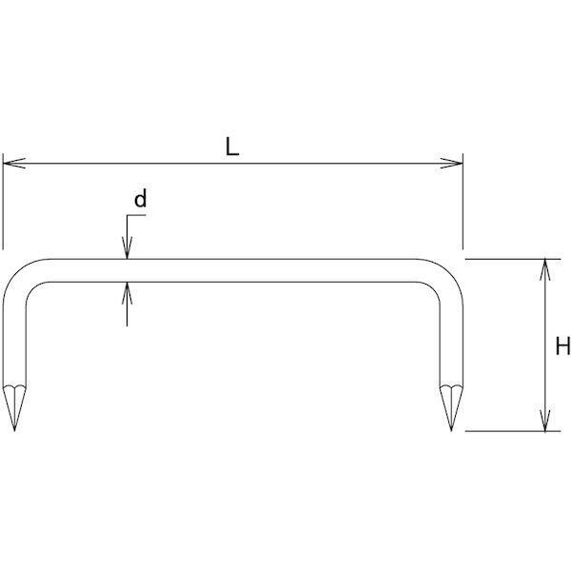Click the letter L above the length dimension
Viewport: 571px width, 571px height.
(x=232, y=148)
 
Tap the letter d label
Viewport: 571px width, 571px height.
(x=140, y=199)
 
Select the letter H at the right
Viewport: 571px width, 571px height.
(x=562, y=345)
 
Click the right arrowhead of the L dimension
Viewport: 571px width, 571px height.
(x=451, y=164)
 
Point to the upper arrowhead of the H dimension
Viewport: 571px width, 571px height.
(x=544, y=270)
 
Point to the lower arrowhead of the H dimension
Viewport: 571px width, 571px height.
(x=544, y=420)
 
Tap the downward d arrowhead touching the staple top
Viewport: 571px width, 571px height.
(x=128, y=248)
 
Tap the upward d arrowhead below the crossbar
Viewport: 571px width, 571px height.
(x=128, y=293)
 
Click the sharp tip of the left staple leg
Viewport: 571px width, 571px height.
(x=14, y=431)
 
